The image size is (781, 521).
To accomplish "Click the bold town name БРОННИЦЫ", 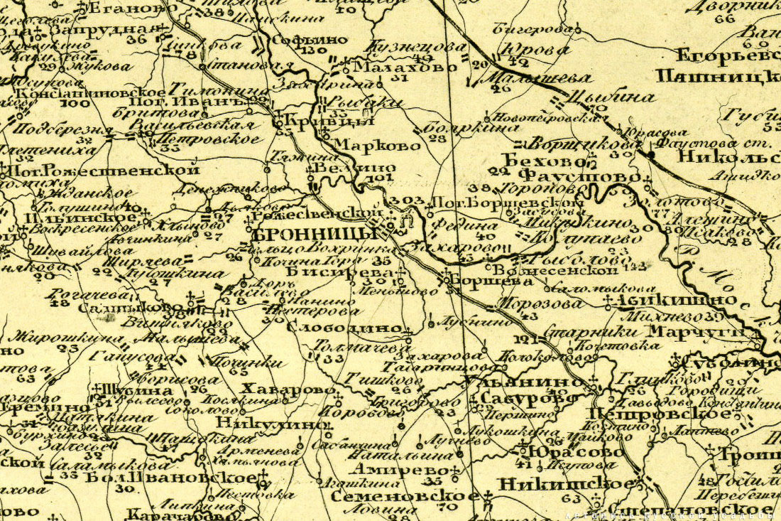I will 315,235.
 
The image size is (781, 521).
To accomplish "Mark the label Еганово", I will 129,9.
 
